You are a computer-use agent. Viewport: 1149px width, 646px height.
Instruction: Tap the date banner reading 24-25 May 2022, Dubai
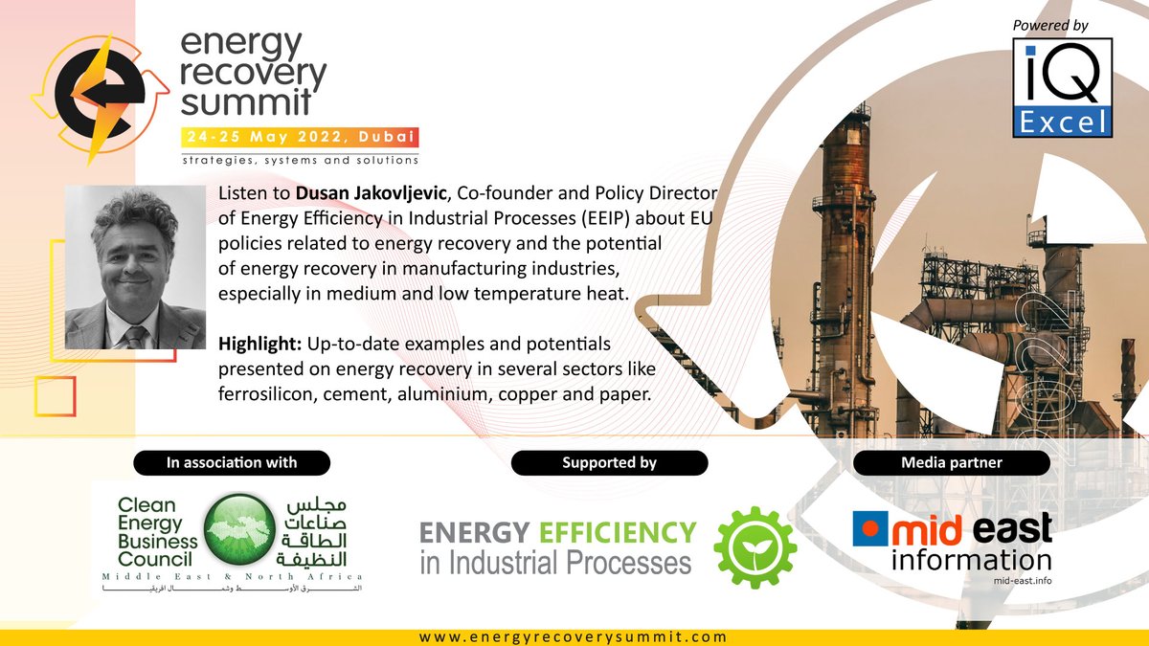[299, 137]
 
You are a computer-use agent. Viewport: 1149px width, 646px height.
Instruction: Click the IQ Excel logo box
[1062, 88]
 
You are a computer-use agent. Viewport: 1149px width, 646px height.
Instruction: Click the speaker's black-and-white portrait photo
[134, 267]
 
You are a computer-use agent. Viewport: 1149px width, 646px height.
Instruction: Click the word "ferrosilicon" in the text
[270, 392]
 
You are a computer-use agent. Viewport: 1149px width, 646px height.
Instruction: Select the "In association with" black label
[232, 463]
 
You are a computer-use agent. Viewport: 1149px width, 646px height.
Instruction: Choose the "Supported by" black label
[609, 463]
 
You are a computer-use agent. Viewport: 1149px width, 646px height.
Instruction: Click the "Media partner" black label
[951, 463]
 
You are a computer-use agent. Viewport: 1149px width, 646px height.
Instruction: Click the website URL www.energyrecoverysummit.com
[573, 636]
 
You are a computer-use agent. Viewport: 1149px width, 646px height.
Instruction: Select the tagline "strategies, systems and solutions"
[300, 159]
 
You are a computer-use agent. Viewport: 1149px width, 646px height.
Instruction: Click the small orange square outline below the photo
[56, 395]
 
